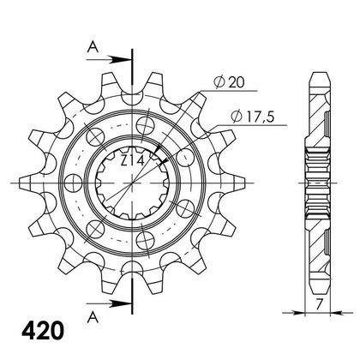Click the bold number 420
coord(43,330)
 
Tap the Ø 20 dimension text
coord(229,82)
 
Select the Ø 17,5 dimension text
coord(253,117)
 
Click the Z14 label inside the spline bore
coord(132,161)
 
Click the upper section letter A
coord(93,47)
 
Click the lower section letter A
coord(93,317)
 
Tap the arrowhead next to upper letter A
coord(121,60)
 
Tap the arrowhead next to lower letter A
coord(121,303)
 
